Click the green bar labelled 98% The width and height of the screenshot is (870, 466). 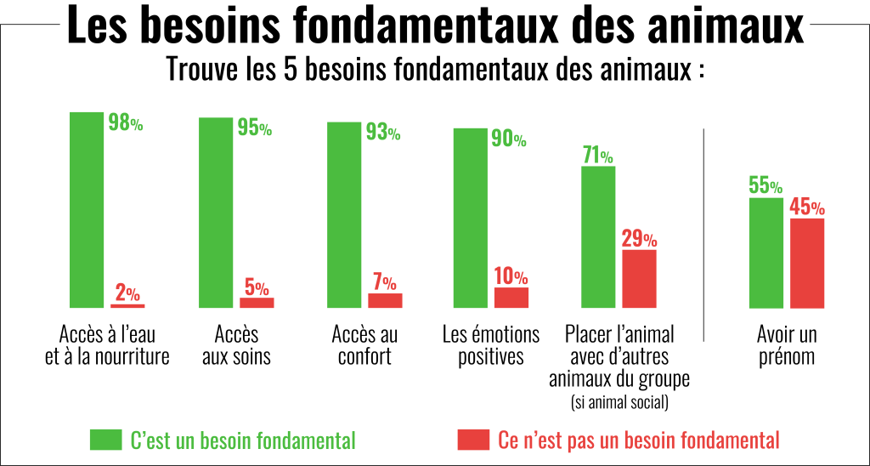[87, 209]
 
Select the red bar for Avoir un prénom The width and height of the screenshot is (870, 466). [807, 263]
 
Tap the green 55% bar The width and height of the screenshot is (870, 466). [765, 253]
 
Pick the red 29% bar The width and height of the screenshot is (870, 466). [639, 278]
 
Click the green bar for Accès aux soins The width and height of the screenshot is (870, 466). [215, 213]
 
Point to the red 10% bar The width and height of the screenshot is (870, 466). [511, 297]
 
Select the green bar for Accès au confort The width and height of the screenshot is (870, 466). [343, 214]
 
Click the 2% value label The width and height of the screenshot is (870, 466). [127, 293]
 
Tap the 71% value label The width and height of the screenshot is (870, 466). [598, 156]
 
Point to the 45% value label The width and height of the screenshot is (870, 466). [807, 207]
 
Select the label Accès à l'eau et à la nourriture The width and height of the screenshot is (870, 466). [107, 344]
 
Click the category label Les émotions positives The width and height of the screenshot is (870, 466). [491, 344]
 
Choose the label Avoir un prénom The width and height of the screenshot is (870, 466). [786, 344]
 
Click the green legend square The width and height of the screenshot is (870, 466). [105, 440]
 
